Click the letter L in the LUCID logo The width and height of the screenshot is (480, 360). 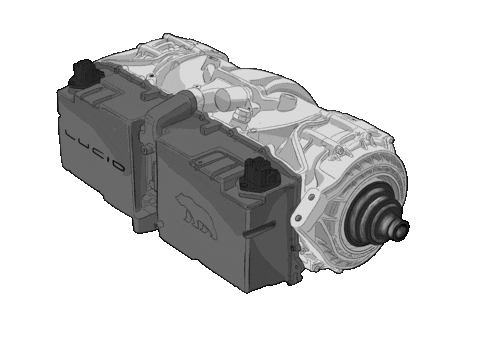[x=71, y=136]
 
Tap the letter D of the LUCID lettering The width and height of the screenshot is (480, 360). [x=117, y=165]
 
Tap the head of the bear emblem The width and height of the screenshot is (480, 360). [x=181, y=199]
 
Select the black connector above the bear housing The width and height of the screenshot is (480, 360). [x=261, y=175]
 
